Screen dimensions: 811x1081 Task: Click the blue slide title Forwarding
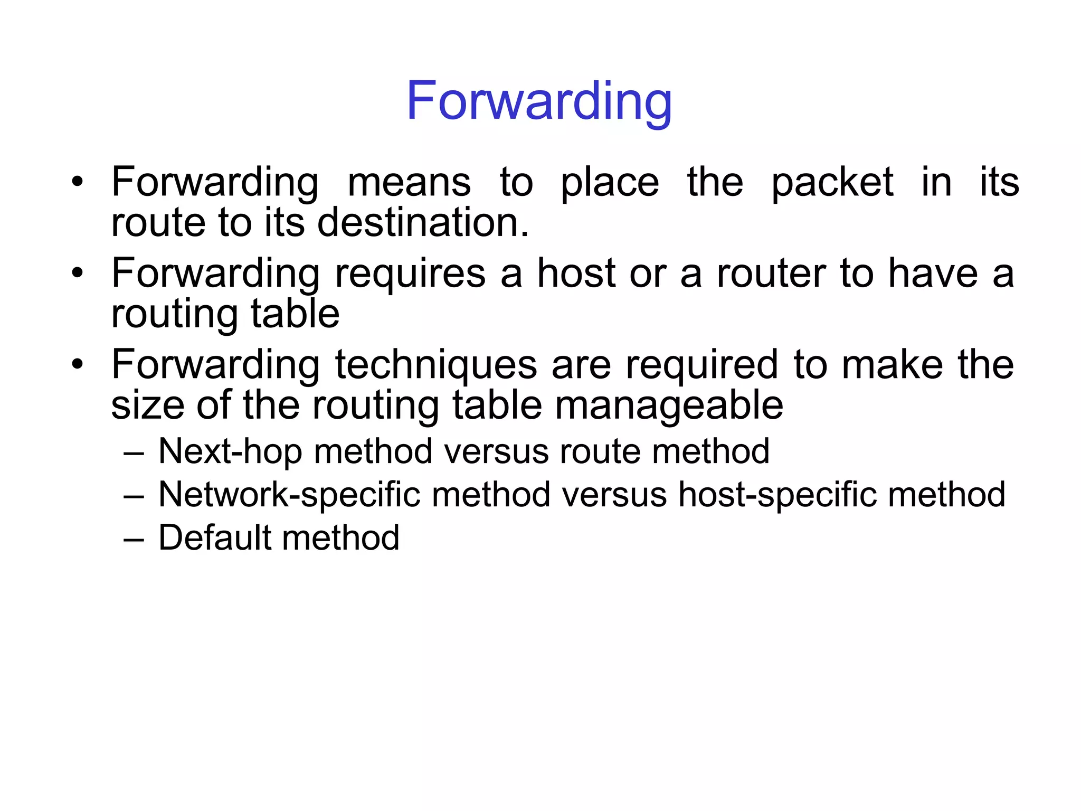click(539, 101)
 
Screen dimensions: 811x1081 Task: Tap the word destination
click(422, 222)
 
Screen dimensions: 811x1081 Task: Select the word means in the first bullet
click(409, 182)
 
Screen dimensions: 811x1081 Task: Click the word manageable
click(669, 407)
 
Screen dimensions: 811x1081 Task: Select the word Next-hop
click(230, 452)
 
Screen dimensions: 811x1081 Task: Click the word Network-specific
click(289, 496)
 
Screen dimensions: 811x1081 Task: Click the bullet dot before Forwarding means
click(78, 182)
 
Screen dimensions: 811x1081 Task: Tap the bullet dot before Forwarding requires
click(78, 274)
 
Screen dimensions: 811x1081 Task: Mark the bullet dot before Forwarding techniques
click(78, 365)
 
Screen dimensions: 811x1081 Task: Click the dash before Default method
click(134, 540)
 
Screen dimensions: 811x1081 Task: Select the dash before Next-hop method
click(134, 453)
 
